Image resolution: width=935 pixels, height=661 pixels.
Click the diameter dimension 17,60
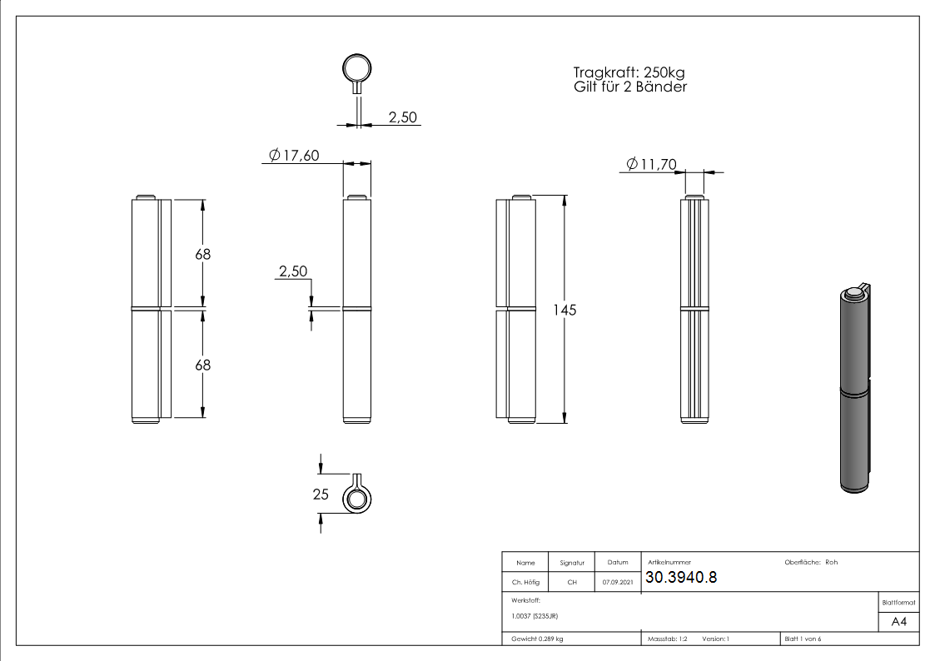(295, 155)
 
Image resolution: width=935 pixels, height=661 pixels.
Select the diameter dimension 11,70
(650, 165)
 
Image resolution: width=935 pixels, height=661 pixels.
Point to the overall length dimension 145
(565, 310)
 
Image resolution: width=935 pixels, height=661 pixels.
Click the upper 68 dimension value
(203, 255)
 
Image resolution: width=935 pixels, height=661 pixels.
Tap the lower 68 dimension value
(203, 365)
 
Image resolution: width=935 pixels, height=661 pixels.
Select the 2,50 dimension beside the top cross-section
(403, 117)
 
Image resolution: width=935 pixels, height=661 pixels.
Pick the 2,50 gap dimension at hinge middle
(293, 271)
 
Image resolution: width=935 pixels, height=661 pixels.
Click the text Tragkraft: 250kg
(629, 72)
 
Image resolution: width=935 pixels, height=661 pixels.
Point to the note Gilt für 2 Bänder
(630, 87)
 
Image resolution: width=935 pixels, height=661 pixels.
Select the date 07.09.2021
(617, 583)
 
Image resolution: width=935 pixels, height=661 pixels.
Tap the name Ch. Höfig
(525, 583)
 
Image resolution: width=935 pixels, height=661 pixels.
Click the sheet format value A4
(898, 622)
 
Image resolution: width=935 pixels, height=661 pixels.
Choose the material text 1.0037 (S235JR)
(534, 616)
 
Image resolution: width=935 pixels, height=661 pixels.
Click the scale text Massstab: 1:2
(667, 639)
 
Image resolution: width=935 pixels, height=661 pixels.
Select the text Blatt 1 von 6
(803, 639)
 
